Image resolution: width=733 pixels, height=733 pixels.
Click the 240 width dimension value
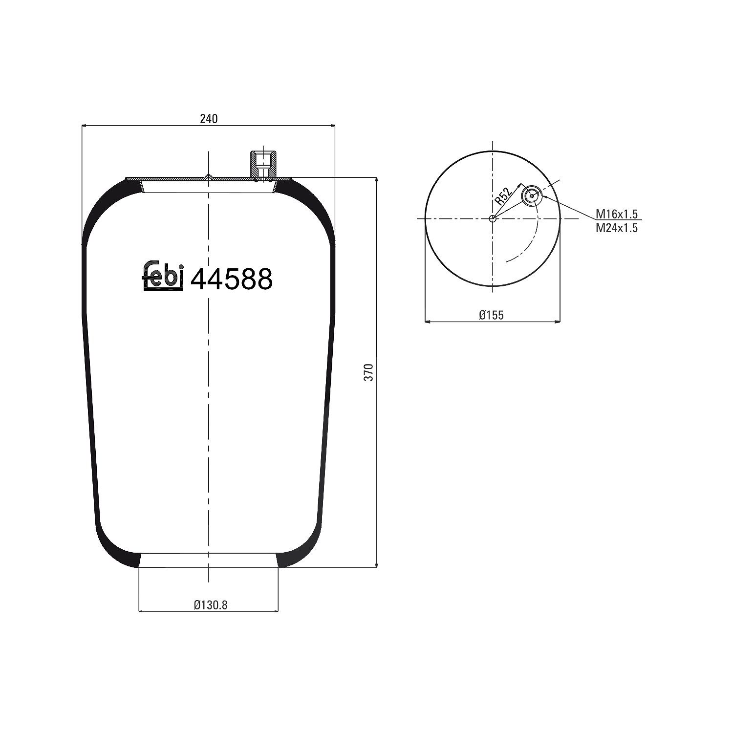click(x=208, y=119)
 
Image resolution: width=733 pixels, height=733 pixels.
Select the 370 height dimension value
click(x=369, y=372)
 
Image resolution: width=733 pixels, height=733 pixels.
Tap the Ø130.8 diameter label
click(x=211, y=605)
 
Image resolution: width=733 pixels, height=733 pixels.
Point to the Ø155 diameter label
click(x=491, y=315)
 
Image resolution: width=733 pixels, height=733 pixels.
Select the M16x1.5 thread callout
click(x=617, y=214)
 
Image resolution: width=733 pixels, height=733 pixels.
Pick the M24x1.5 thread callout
click(x=617, y=228)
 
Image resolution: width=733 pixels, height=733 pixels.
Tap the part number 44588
click(x=231, y=280)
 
